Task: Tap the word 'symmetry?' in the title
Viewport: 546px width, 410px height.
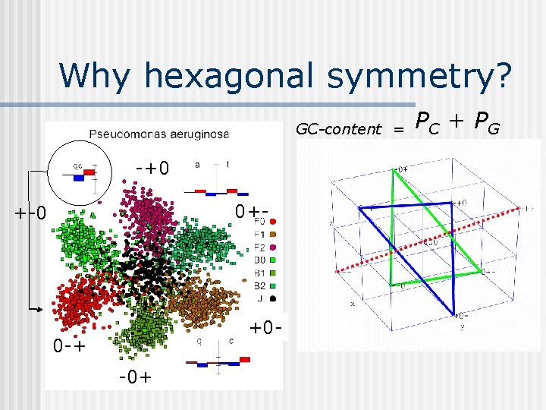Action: (425, 76)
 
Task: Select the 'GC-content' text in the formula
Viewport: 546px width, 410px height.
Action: (338, 129)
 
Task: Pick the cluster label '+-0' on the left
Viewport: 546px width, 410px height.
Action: (31, 212)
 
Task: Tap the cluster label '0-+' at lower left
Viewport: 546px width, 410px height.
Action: (69, 347)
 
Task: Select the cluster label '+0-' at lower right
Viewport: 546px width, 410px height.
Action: (268, 328)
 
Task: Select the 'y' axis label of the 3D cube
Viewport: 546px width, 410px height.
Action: (462, 328)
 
